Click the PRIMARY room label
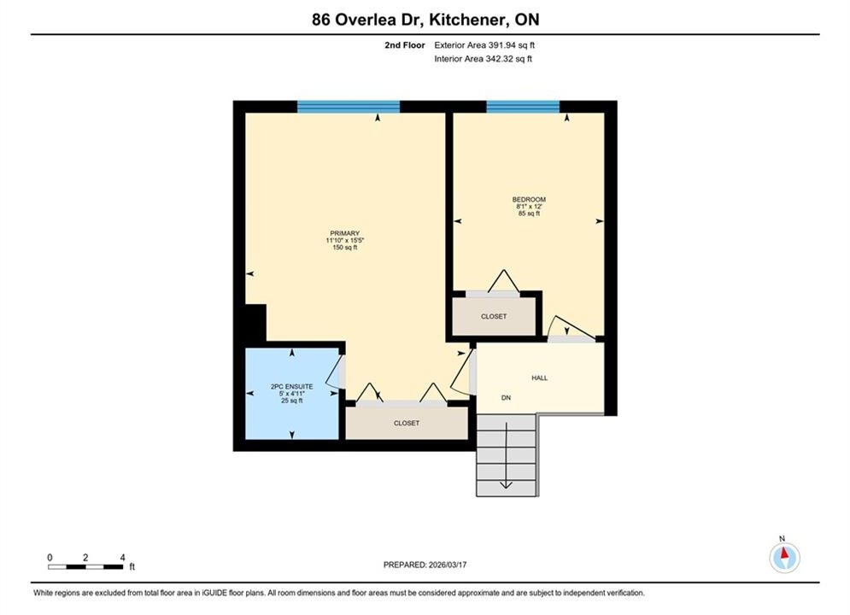coord(345,233)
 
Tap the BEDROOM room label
coord(529,199)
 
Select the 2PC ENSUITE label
coord(291,386)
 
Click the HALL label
coord(539,378)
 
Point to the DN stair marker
coord(506,398)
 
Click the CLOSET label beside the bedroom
coord(493,316)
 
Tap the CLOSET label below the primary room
coord(407,423)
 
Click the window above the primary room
coord(348,106)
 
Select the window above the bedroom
coord(523,106)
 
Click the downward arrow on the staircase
coord(506,455)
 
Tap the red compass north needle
coord(784,552)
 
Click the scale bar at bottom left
coord(85,567)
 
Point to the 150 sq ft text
coord(345,247)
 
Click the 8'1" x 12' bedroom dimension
coord(529,207)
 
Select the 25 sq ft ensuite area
coord(291,401)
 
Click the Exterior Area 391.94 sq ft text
coord(484,45)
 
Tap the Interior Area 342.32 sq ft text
coord(483,59)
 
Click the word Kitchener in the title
coord(465,20)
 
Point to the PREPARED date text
coord(425,565)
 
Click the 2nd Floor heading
coord(404,45)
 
